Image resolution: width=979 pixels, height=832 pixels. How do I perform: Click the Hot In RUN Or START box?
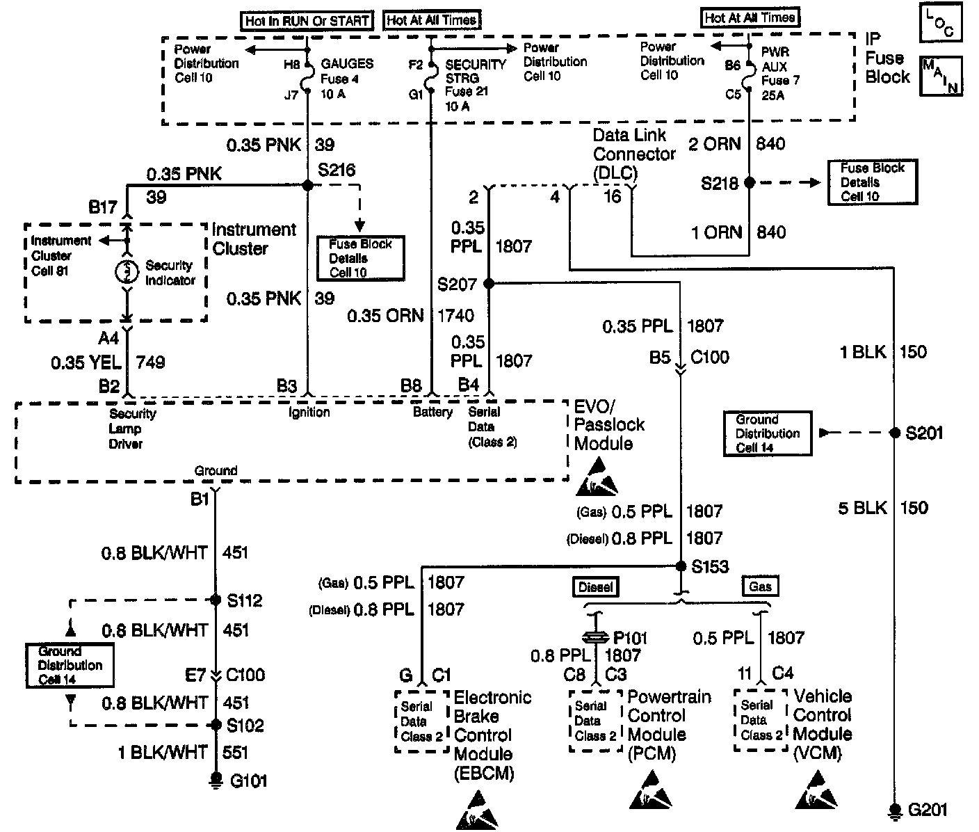coord(307,21)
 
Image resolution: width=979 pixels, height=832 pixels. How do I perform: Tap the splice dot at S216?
coord(307,185)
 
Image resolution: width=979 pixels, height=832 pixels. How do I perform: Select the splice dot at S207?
coord(489,283)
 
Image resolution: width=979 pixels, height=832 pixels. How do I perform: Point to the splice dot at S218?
coord(749,183)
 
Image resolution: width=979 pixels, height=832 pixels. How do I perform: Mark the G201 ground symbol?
coord(895,810)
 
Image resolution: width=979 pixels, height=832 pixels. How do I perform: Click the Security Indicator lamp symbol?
coord(127,272)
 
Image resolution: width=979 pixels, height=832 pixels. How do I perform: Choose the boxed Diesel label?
coord(596,587)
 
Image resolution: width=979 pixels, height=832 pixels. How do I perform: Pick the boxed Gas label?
coord(760,586)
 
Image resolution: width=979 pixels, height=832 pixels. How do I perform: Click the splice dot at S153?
coord(681,566)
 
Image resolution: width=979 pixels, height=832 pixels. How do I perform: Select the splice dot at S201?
coord(895,433)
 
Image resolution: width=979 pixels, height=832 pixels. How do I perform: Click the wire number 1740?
coord(455,317)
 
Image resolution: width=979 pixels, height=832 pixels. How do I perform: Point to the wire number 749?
coord(151,362)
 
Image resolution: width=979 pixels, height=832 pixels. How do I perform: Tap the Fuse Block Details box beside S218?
coord(872,182)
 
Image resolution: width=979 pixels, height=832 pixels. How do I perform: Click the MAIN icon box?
coord(941,76)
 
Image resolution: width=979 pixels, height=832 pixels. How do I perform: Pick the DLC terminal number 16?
coord(612,197)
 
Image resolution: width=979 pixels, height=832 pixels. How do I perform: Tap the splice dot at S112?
coord(216,600)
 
